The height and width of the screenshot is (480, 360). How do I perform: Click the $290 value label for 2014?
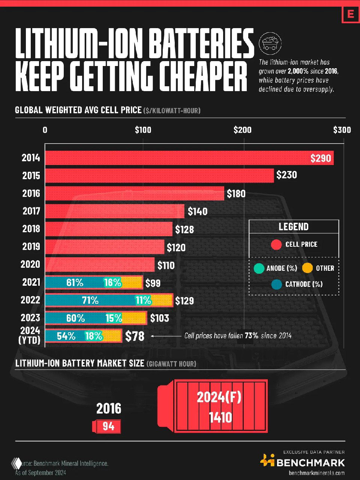point(321,158)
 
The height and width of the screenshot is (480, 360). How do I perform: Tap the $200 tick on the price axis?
point(242,130)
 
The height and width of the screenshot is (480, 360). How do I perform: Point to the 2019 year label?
point(31,246)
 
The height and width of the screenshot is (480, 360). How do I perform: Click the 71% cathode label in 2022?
point(90,300)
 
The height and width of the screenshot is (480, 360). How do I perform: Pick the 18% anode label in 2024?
point(94,336)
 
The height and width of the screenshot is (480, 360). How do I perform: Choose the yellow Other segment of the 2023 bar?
point(134,318)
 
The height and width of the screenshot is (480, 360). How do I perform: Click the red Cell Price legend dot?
point(276,244)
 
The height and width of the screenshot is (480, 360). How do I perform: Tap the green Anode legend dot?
point(258,268)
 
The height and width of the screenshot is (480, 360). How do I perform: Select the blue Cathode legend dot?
point(276,284)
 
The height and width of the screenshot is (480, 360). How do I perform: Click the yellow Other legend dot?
point(307,268)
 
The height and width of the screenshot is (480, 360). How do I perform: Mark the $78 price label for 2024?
point(135,336)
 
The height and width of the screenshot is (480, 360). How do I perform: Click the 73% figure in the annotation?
point(251,336)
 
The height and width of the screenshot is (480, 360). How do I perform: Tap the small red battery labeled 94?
point(108,426)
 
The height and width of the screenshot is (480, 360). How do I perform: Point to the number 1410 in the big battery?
point(220,417)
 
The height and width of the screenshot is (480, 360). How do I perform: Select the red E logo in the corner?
point(351,14)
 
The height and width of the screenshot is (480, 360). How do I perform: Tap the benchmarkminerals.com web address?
point(316,473)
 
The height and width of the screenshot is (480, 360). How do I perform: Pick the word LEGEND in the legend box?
point(294,227)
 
